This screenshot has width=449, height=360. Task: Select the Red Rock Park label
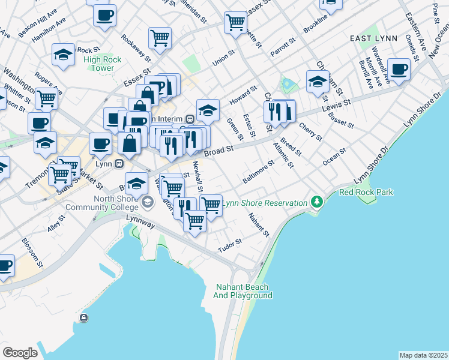point(366,193)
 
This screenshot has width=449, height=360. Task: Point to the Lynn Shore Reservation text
point(265,203)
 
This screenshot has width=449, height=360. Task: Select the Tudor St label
point(229,245)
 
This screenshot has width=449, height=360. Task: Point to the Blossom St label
point(32,252)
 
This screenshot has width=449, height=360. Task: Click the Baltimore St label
point(258,172)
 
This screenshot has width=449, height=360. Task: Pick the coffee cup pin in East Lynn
point(399,70)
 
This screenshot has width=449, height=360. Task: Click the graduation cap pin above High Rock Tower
point(62,55)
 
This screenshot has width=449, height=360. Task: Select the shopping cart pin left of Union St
point(160,38)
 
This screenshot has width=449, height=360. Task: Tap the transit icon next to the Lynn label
point(119,163)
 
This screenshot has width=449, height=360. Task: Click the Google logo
point(20,353)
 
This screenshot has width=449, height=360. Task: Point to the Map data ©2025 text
point(423,355)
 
